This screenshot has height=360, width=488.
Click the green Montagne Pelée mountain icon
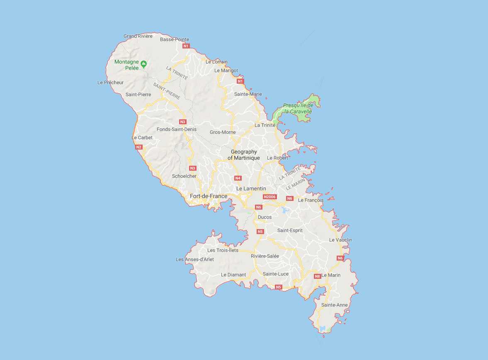point(143,64)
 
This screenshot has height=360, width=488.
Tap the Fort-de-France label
point(208,196)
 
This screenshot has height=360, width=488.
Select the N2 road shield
point(138,147)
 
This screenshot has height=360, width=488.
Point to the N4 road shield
point(238,178)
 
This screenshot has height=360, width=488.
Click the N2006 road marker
point(269,197)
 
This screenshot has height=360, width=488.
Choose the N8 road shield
point(317,276)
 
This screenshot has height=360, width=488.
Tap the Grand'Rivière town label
point(138,36)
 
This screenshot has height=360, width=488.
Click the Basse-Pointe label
point(174,39)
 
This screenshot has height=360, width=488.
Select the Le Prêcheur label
point(110,82)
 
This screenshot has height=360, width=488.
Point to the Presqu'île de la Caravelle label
point(298,109)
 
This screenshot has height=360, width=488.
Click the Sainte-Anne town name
point(334,305)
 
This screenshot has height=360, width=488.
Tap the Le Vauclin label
point(340,240)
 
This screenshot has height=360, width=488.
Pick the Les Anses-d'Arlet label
point(195,259)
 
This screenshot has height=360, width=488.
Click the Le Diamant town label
point(233,275)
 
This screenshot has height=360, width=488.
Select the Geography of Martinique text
point(244,155)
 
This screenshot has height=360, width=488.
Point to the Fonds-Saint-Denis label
point(177,129)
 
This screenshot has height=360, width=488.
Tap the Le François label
point(311,200)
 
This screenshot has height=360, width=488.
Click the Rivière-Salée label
point(265,256)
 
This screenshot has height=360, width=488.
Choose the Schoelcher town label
point(184,176)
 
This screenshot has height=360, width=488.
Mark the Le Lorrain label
point(216,62)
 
